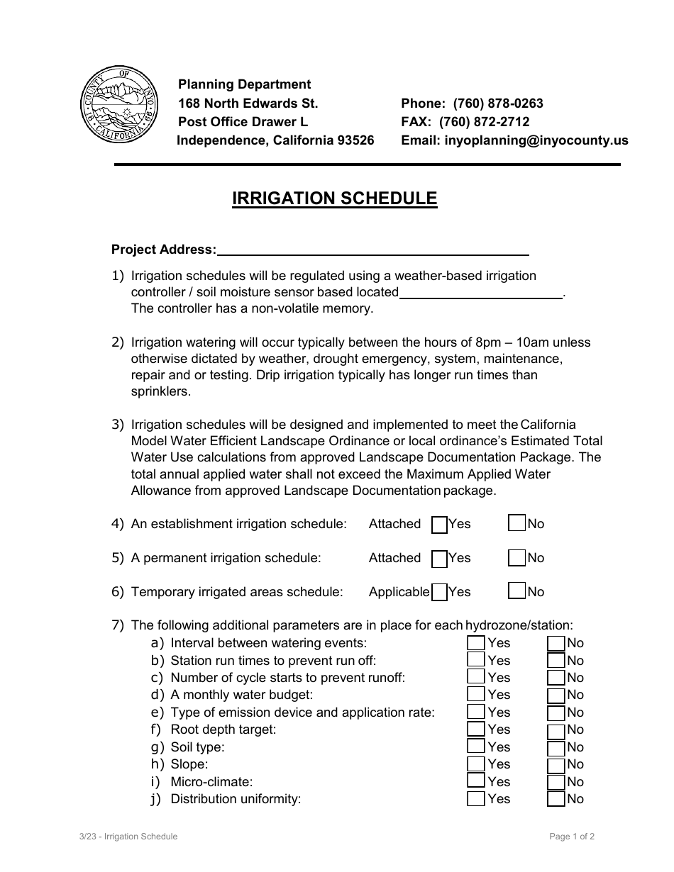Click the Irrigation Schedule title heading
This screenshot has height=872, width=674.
coord(334,199)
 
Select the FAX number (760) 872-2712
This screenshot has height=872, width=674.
coord(484,122)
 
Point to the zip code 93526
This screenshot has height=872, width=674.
coord(355,140)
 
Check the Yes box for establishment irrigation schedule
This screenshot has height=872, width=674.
coord(440,525)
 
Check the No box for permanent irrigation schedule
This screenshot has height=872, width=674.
coord(517,558)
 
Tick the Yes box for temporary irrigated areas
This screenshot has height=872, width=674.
coord(440,592)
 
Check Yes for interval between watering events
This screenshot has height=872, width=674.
coord(476,643)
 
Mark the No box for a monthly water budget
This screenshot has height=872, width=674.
coord(556,695)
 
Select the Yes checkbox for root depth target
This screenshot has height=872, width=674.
coord(476,730)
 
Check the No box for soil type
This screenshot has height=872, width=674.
coord(556,747)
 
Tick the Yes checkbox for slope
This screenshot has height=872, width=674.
coord(476,764)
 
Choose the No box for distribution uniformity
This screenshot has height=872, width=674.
coord(556,799)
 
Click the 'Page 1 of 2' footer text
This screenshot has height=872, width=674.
coord(572,837)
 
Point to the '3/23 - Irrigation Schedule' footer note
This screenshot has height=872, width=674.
coord(128,837)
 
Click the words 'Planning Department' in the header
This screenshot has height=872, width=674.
coord(244,84)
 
